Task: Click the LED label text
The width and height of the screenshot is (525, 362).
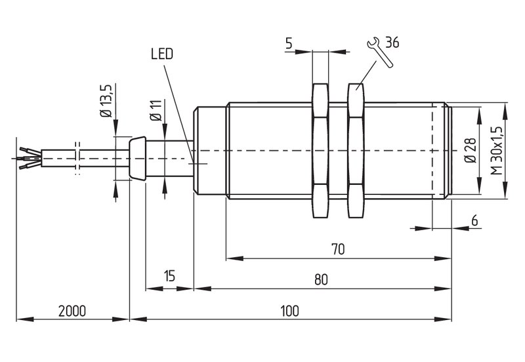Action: pyautogui.click(x=162, y=54)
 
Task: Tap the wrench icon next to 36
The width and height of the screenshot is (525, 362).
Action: pyautogui.click(x=380, y=52)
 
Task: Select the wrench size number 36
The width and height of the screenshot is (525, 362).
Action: pyautogui.click(x=392, y=43)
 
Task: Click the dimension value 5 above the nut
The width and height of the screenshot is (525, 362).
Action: pyautogui.click(x=289, y=43)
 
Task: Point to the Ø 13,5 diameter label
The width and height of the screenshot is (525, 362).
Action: pyautogui.click(x=106, y=100)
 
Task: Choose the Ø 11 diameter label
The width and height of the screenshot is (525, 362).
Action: pyautogui.click(x=156, y=110)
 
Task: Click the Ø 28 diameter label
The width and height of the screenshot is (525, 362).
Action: pyautogui.click(x=471, y=150)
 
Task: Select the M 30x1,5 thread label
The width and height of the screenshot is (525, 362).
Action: pyautogui.click(x=497, y=151)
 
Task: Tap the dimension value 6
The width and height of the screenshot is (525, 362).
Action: pyautogui.click(x=474, y=221)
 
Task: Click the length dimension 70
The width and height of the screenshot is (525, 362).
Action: pyautogui.click(x=338, y=249)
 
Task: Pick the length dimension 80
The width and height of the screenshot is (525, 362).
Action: pyautogui.click(x=321, y=279)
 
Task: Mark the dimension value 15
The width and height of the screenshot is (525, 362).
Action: pyautogui.click(x=170, y=276)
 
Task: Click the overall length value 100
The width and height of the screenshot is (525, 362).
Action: pyautogui.click(x=289, y=311)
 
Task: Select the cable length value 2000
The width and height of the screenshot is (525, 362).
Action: pyautogui.click(x=72, y=311)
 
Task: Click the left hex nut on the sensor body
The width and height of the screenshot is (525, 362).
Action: pyautogui.click(x=320, y=151)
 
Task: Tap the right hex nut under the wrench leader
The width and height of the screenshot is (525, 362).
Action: pyautogui.click(x=356, y=151)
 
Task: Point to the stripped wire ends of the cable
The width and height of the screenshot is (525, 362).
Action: pyautogui.click(x=30, y=157)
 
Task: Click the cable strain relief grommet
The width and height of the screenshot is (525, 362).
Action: pyautogui.click(x=137, y=158)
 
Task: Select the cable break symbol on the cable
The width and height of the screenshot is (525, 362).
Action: pyautogui.click(x=77, y=158)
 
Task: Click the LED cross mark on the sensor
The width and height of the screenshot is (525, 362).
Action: pyautogui.click(x=198, y=163)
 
